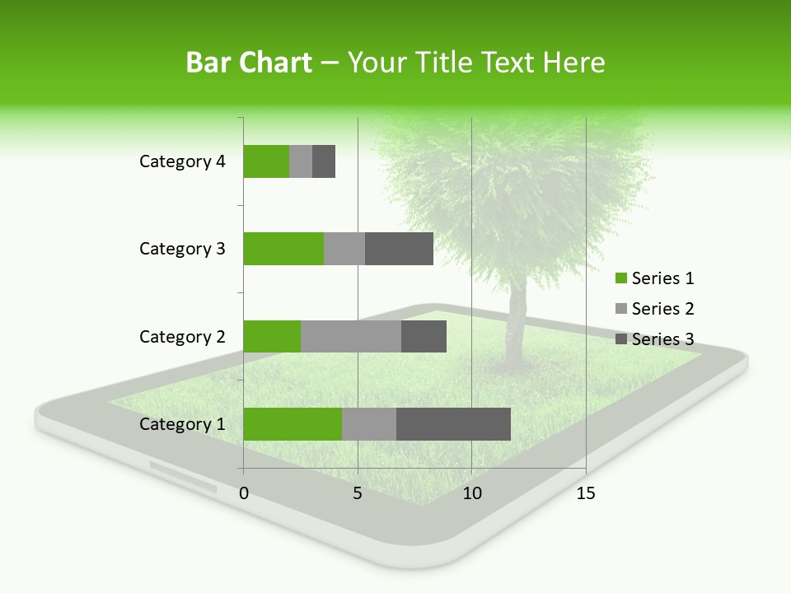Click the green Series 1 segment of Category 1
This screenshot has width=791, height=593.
coord(293,423)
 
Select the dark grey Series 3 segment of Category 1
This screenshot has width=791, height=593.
coord(453,423)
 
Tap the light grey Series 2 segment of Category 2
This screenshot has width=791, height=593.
coord(351,336)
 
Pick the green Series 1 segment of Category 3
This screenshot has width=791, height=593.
coord(283,249)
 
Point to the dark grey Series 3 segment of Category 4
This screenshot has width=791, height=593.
coord(324,161)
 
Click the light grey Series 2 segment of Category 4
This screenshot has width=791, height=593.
coord(301,161)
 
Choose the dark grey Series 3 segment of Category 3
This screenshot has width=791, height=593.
coord(399,249)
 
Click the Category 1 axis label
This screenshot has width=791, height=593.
coord(182,424)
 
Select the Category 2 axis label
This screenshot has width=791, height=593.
coord(182,337)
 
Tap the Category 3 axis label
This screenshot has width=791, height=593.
coord(182,249)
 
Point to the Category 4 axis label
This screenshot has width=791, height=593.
coord(182,161)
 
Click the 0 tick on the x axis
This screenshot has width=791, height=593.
coord(244,493)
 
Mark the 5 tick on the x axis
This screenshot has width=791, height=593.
coord(358,493)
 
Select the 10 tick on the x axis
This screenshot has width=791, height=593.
coord(471,493)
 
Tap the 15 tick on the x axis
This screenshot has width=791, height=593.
coord(586,493)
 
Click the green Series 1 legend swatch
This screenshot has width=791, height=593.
coord(621,278)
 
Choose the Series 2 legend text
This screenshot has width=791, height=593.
coord(662,309)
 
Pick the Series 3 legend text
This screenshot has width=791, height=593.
coord(662,339)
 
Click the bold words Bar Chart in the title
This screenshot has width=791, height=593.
coord(249,63)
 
